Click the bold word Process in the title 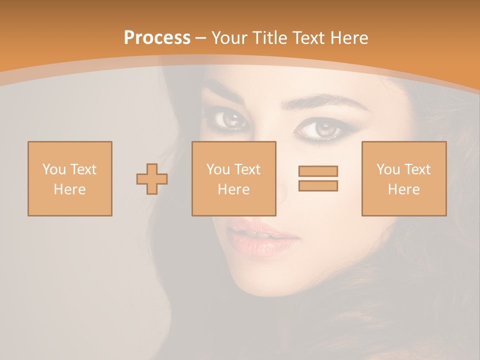coord(157,38)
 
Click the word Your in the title coord(229,38)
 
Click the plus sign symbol coord(152,178)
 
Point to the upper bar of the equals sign coord(318,171)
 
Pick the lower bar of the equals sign coord(318,185)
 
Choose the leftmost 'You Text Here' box coord(70,178)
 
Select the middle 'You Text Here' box coord(233,178)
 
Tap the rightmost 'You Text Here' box coord(403,178)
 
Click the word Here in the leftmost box coord(69,189)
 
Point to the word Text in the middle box coord(247,169)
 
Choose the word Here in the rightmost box coord(403,189)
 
